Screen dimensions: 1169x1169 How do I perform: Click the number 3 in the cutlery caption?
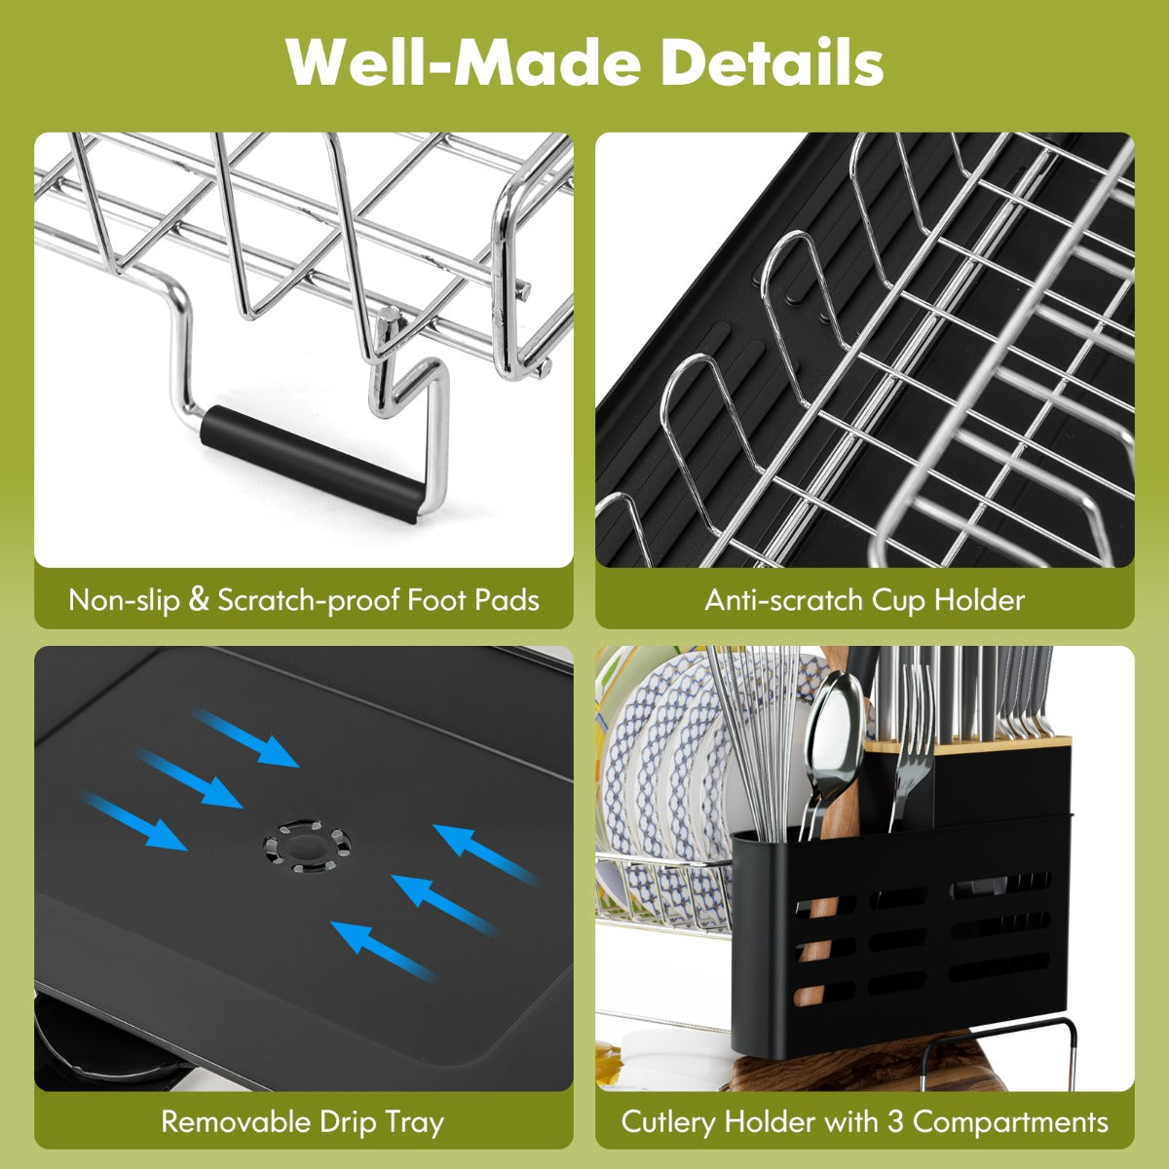click(894, 1121)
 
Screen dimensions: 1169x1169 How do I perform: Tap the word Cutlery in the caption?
click(671, 1121)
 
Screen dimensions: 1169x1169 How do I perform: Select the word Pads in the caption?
click(505, 599)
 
